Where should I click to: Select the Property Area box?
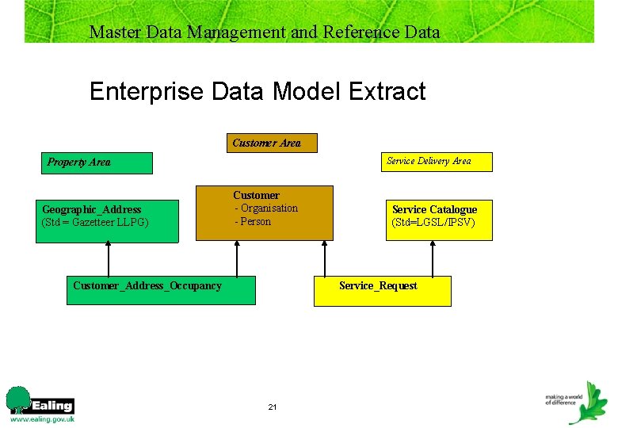97,162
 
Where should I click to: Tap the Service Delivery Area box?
437,162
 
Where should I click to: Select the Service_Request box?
383,291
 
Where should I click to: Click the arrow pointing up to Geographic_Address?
109,258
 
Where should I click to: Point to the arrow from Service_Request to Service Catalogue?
433,258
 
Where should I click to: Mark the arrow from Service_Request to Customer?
324,258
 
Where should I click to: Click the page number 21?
273,407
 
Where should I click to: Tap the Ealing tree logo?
17,400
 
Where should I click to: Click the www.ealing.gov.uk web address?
42,419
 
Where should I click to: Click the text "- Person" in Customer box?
253,222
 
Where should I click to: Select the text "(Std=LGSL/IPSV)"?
433,223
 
